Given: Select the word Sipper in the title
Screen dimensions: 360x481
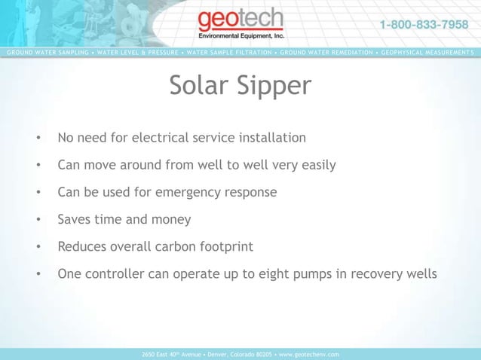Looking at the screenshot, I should pos(273,86).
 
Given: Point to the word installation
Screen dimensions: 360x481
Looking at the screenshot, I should pos(271,138).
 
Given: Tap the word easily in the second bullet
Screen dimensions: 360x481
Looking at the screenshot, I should pos(317,165).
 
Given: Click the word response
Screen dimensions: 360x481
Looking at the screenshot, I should pos(251,192).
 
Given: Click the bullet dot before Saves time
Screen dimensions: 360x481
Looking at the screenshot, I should pos(37,220).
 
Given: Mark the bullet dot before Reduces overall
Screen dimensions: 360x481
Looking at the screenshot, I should pos(37,247).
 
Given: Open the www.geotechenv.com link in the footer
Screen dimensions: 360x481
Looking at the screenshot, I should pos(309,354).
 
